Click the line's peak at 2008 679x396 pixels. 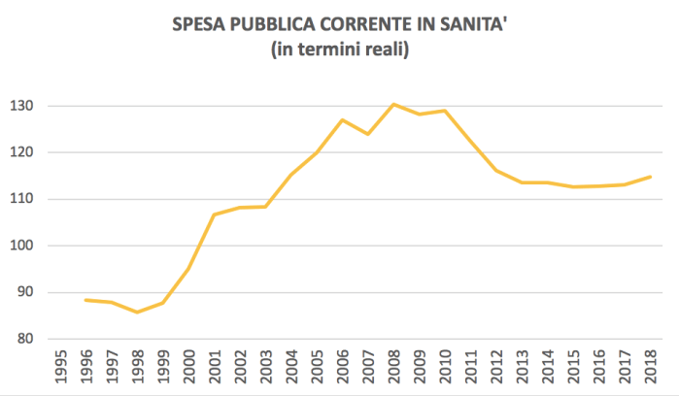393,104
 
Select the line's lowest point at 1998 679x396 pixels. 137,312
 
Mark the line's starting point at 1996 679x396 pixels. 85,300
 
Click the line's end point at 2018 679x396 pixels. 650,177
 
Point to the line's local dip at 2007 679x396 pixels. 367,134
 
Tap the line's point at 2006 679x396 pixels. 342,119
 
